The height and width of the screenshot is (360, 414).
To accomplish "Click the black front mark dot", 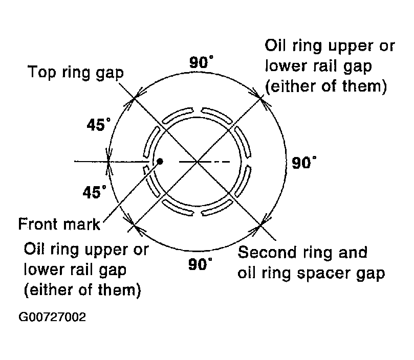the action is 160,161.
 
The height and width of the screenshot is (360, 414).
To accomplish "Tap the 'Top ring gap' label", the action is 76,73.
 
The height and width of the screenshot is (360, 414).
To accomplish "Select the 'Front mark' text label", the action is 59,224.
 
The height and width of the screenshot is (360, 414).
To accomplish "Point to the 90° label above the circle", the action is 201,62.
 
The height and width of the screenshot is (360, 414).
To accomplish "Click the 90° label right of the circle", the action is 304,162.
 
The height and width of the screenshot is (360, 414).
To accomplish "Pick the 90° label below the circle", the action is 200,264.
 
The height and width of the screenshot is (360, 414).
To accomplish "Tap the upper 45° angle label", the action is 99,125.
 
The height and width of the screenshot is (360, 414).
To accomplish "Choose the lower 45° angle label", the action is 95,192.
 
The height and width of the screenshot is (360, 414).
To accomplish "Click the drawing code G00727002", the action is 52,317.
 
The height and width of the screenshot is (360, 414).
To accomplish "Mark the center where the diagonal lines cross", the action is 197,161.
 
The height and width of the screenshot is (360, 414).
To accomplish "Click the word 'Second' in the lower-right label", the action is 267,252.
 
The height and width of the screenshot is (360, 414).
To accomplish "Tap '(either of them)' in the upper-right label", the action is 326,86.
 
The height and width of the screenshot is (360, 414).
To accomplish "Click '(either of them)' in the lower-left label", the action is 82,290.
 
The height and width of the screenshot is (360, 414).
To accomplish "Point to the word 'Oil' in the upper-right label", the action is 275,46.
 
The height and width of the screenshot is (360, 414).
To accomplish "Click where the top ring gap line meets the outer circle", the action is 135,98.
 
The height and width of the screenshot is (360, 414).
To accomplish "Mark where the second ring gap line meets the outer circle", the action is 260,225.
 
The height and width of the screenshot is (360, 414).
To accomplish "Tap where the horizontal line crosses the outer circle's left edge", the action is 108,161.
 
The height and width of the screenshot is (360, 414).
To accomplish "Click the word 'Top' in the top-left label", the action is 42,72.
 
